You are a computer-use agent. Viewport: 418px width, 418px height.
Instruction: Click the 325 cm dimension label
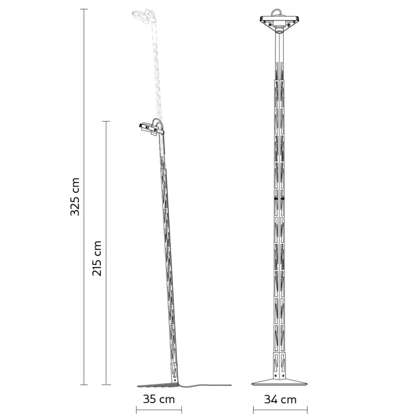click(x=75, y=196)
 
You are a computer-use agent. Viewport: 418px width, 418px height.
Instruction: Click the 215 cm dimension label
click(x=97, y=258)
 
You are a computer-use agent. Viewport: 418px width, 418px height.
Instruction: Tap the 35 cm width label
click(x=159, y=399)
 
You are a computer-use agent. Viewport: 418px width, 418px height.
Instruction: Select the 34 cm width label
click(x=280, y=399)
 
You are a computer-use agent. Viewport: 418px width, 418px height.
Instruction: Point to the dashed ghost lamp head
click(x=144, y=17)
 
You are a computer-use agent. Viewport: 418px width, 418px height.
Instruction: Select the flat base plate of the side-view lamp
click(x=157, y=385)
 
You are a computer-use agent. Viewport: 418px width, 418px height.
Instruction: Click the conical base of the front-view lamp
click(x=279, y=382)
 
